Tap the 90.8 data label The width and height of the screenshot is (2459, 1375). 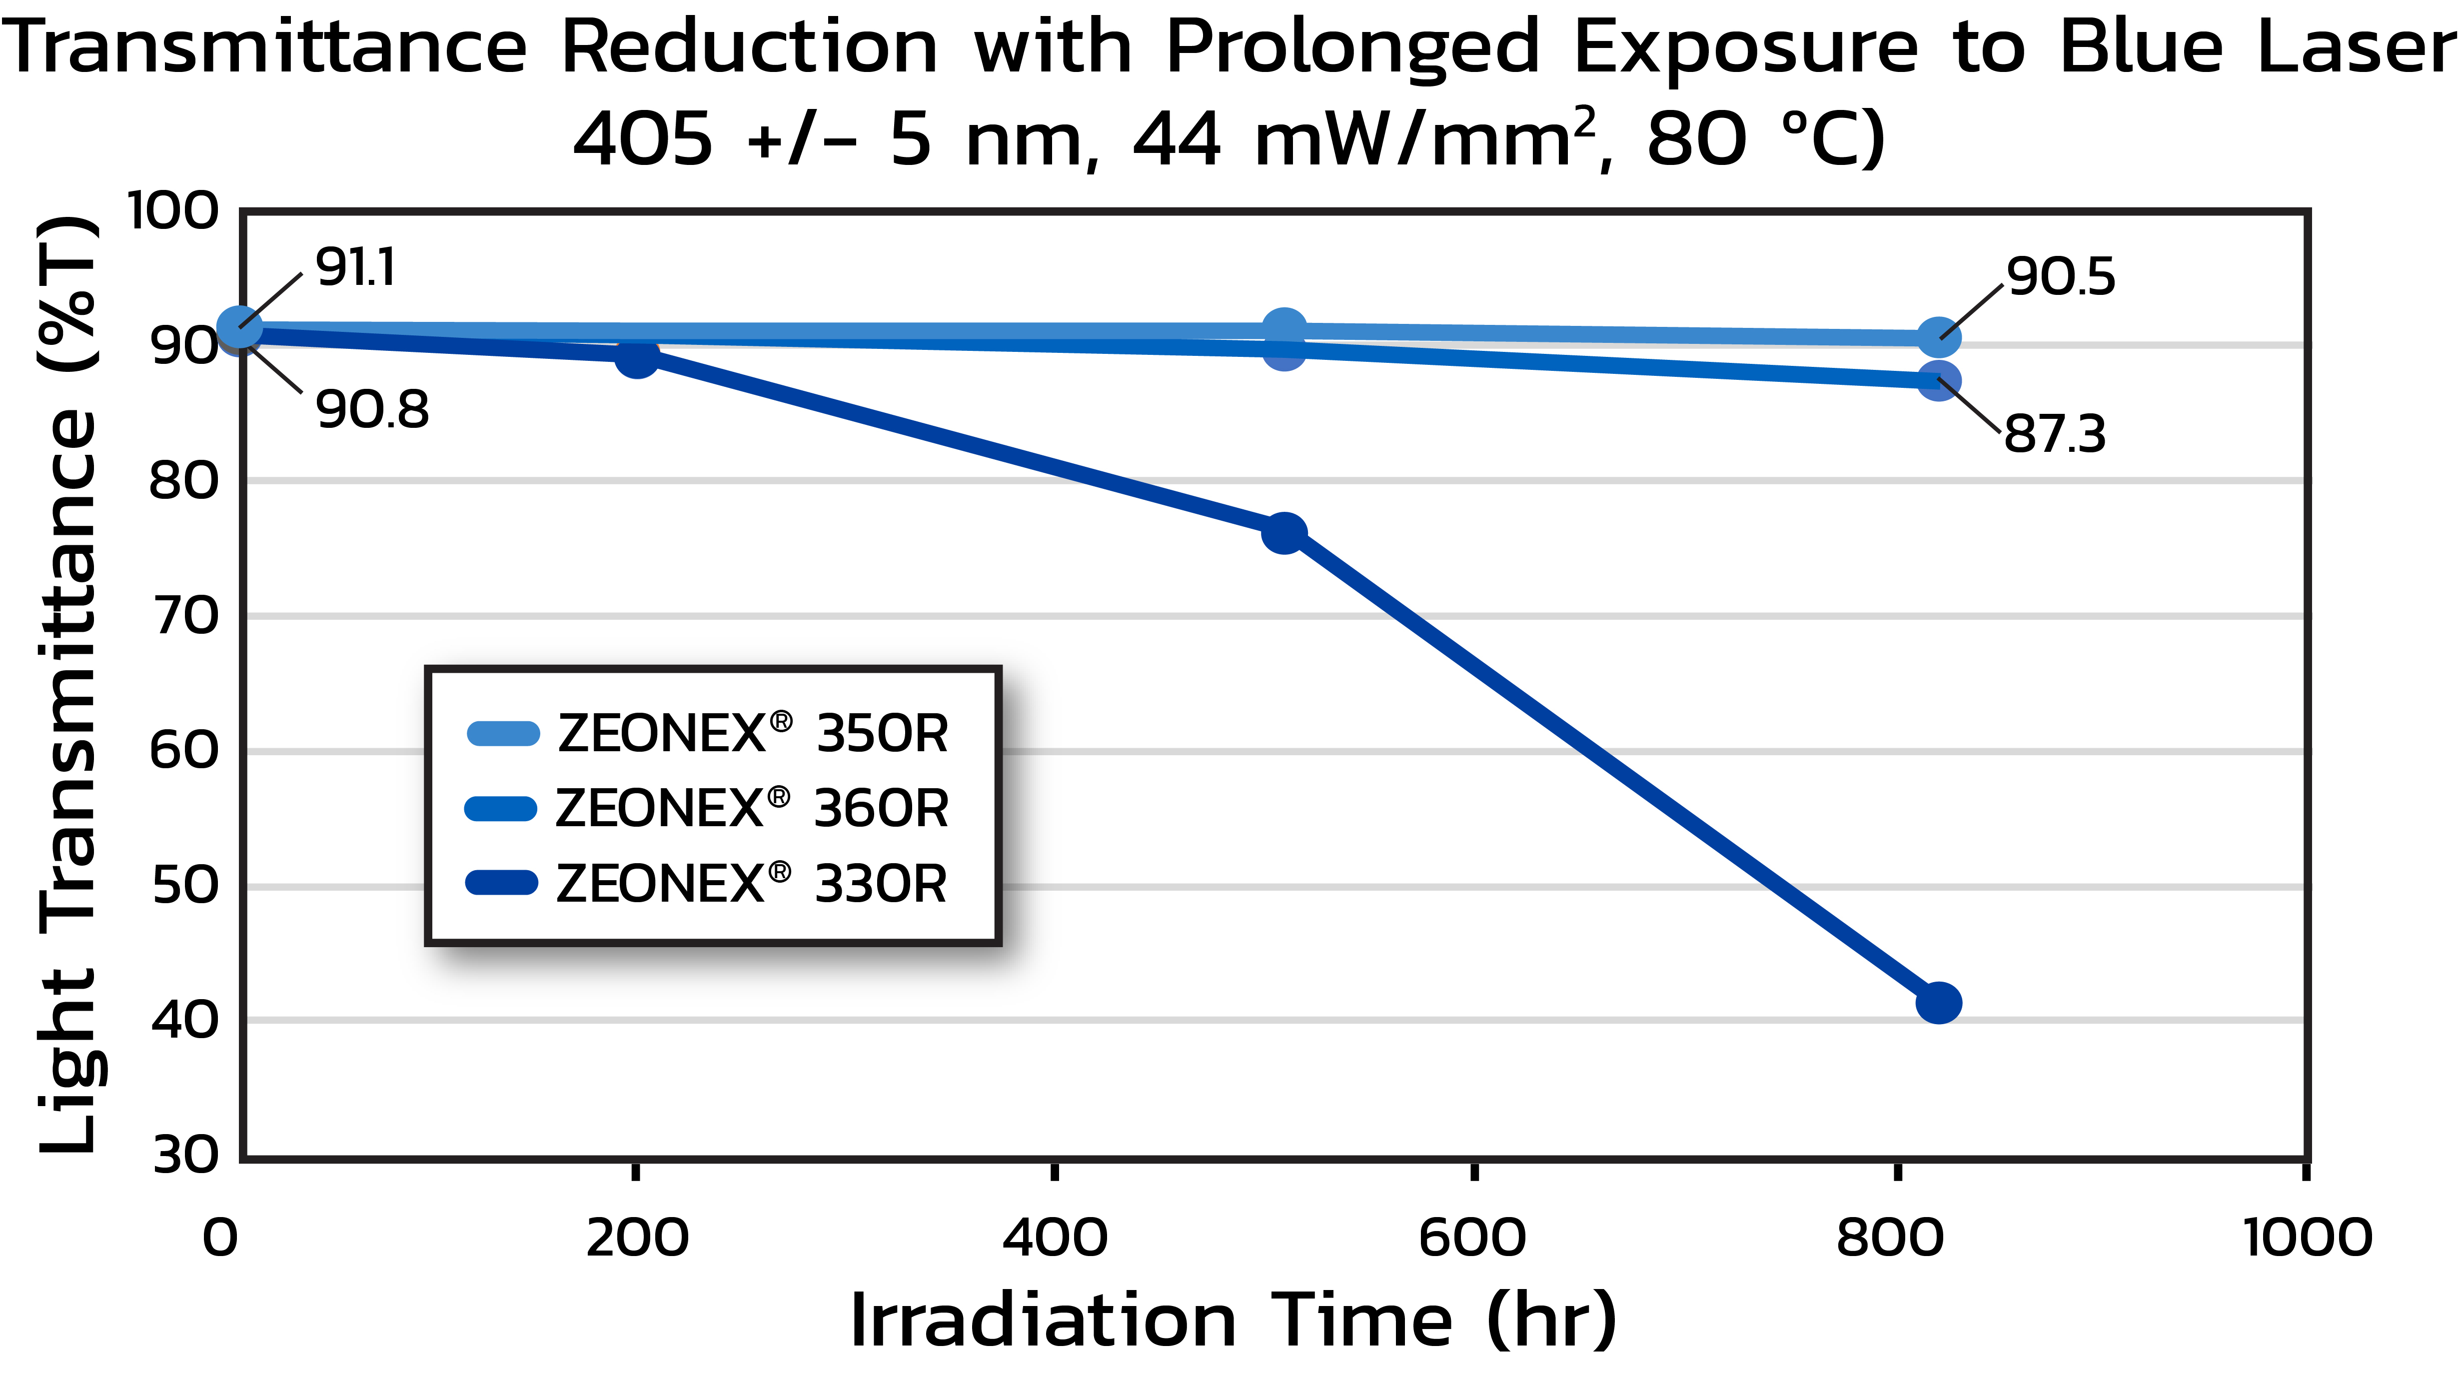coord(372,410)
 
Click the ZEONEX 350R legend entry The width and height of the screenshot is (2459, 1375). coord(706,733)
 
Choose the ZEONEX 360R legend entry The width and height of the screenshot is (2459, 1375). coord(706,809)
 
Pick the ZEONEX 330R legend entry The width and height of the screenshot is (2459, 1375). coord(706,883)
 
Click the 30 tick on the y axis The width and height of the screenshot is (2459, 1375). coord(186,1156)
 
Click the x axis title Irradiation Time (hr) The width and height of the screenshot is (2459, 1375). coord(1233,1321)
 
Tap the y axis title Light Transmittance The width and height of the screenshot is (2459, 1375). coord(69,683)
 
